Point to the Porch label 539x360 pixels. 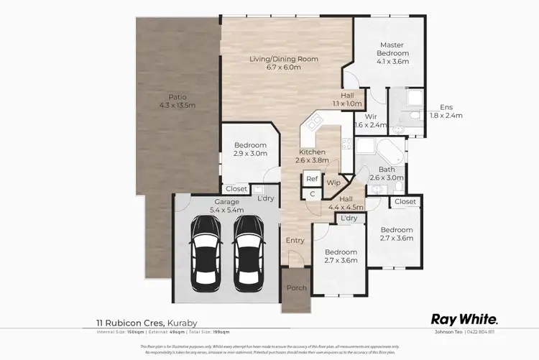(297, 288)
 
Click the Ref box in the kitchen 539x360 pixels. (312, 180)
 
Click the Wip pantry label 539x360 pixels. (333, 183)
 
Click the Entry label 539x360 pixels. (295, 241)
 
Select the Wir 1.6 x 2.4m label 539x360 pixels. (371, 120)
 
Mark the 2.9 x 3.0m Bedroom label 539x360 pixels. (249, 149)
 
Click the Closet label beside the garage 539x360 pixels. (236, 190)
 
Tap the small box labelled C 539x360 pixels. (313, 194)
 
